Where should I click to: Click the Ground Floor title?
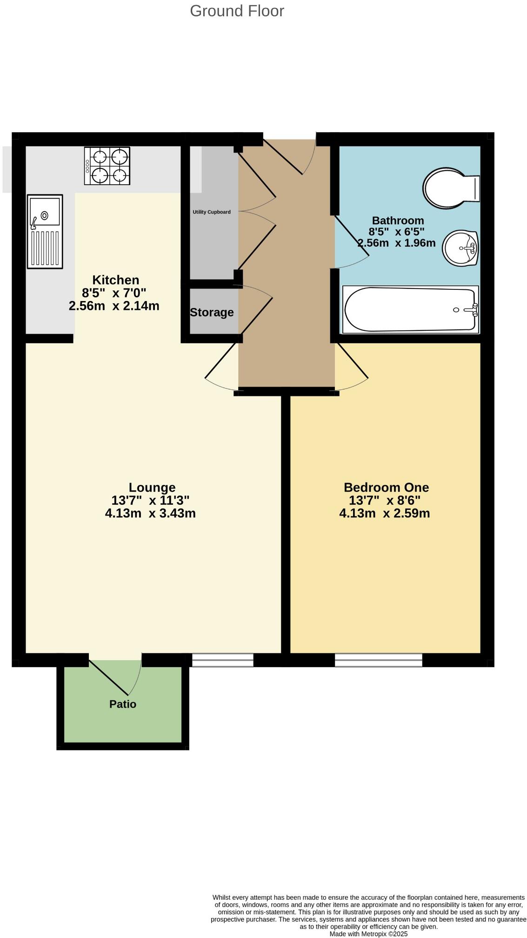(237, 11)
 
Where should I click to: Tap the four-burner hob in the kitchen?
(107, 166)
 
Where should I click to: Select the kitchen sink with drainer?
(45, 231)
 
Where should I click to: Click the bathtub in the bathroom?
(410, 309)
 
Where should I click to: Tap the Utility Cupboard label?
(212, 212)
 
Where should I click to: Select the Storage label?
(212, 312)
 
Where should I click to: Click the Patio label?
(123, 704)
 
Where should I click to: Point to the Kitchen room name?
(115, 280)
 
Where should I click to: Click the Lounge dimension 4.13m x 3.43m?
(150, 513)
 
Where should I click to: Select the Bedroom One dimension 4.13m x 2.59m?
(384, 513)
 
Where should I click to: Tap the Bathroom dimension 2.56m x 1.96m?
(396, 242)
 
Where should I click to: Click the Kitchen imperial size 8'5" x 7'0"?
(114, 293)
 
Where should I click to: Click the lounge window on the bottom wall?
(222, 660)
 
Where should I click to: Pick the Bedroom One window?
(378, 660)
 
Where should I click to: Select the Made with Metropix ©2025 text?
(368, 934)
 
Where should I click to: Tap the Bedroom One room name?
(386, 487)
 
